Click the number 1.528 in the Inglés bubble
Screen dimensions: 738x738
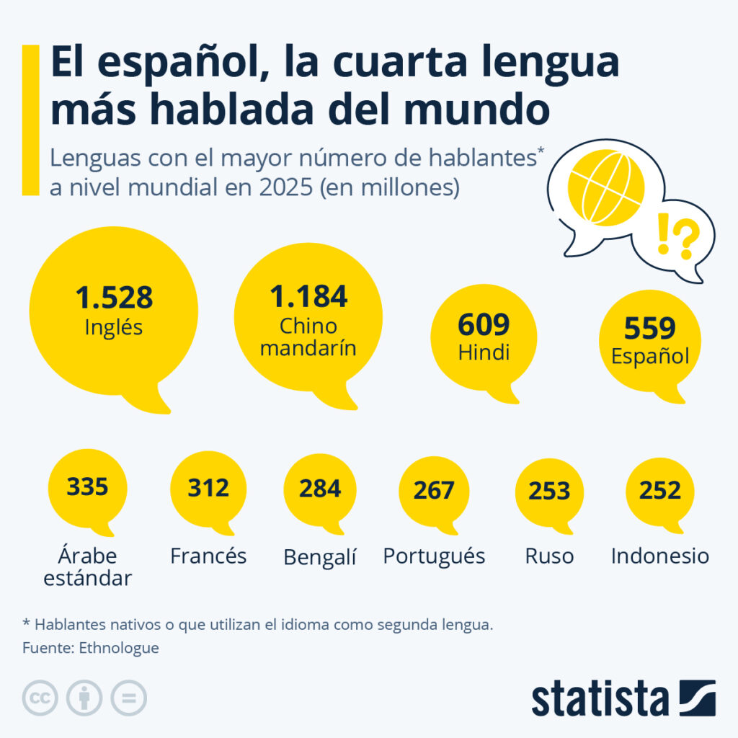pos(114,298)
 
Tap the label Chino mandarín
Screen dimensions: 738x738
pos(308,337)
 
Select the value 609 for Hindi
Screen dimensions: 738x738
pos(484,325)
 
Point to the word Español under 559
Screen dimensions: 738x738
pos(650,356)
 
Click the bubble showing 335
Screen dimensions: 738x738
pos(87,487)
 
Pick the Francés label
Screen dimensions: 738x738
pos(208,556)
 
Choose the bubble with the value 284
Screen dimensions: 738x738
pos(320,489)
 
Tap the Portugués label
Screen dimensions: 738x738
pos(434,556)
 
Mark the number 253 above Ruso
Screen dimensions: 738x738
pos(549,491)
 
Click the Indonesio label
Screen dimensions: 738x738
pos(660,556)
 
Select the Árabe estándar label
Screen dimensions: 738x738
pos(88,567)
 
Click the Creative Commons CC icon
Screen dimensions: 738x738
pos(40,698)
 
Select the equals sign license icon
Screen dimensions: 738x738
pos(128,698)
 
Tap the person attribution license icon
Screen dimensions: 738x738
pos(84,698)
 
